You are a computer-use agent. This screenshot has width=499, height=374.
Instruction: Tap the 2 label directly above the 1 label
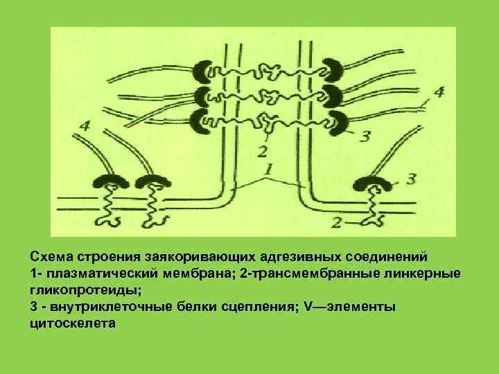[x=262, y=150]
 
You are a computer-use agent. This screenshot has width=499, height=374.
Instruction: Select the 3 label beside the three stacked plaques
[x=365, y=136]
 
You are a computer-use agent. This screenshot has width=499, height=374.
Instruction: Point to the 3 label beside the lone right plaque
[x=410, y=179]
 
